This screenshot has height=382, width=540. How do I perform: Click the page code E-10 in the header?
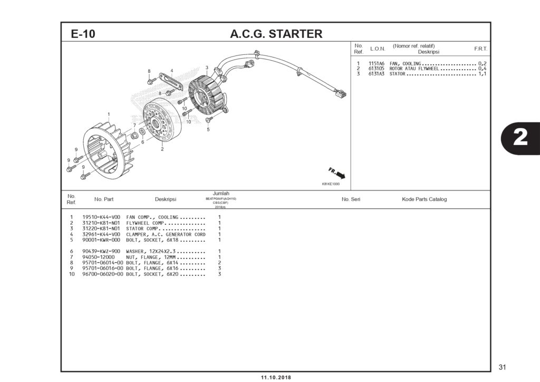click(83, 34)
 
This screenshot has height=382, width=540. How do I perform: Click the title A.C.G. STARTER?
click(276, 34)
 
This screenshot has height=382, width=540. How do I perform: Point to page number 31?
click(502, 367)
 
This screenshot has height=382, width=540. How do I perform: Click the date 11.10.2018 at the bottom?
click(276, 378)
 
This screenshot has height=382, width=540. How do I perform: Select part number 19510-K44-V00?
click(101, 217)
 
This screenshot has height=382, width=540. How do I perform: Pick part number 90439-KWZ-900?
click(101, 251)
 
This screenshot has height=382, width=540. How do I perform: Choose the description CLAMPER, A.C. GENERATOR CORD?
click(166, 234)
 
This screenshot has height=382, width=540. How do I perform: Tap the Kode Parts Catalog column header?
click(424, 199)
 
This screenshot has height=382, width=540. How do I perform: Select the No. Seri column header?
click(351, 199)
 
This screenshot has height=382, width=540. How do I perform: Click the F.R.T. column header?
click(480, 49)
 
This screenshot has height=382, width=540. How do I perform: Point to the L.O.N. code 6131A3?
click(376, 74)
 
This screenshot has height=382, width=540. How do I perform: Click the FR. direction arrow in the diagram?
click(337, 173)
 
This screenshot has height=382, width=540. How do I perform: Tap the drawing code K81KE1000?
click(331, 184)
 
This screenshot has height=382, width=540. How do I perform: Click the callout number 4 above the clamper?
click(171, 71)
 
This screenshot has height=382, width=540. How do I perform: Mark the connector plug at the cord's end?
click(341, 95)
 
